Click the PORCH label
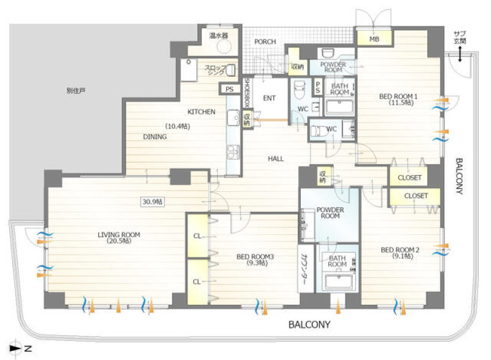click(x=265, y=41)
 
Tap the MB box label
click(x=374, y=39)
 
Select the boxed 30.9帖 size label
click(x=152, y=202)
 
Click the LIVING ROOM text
click(x=118, y=235)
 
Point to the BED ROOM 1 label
click(x=398, y=96)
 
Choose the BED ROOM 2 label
click(x=400, y=250)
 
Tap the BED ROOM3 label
click(x=255, y=257)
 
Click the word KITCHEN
click(x=201, y=112)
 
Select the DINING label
click(x=155, y=137)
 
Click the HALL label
click(x=276, y=159)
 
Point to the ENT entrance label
click(x=269, y=98)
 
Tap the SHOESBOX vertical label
click(x=247, y=93)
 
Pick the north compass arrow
click(x=15, y=348)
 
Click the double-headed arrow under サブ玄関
click(x=460, y=54)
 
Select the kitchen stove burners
click(x=233, y=152)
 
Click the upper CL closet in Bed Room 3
click(x=197, y=236)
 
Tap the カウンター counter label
click(x=303, y=269)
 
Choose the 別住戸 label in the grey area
click(x=76, y=91)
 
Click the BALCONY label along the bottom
click(x=309, y=324)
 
